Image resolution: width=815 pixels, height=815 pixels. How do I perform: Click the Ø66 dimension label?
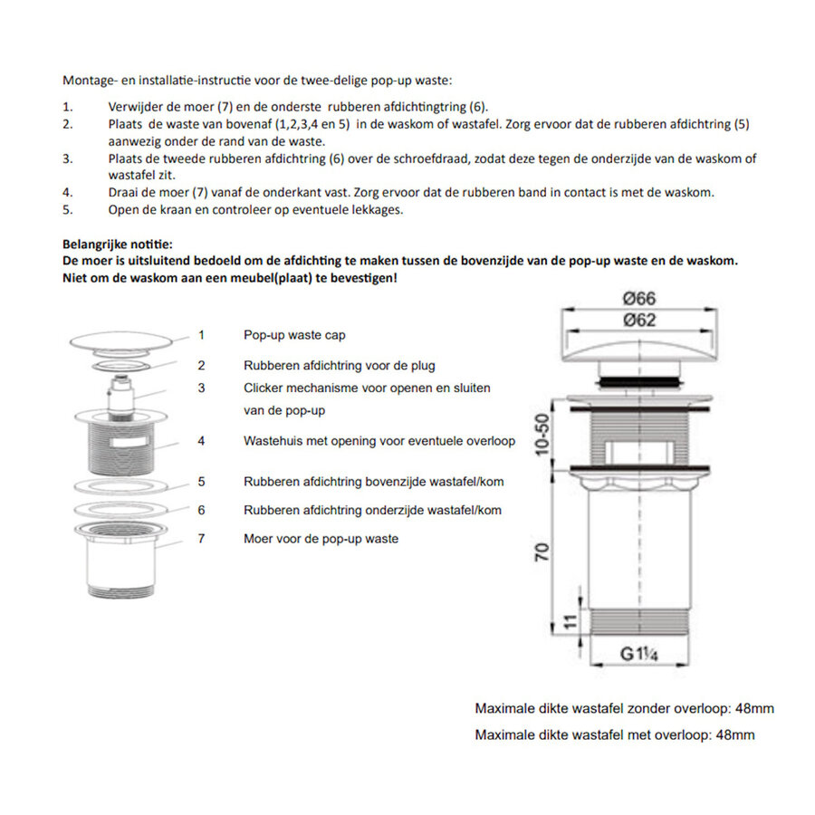(639, 299)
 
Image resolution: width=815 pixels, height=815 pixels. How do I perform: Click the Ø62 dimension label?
(639, 320)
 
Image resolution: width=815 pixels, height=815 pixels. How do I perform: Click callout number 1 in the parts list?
(201, 335)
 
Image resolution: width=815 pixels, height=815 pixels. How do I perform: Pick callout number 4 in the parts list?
(201, 441)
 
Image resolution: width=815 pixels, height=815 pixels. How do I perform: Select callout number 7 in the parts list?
(201, 539)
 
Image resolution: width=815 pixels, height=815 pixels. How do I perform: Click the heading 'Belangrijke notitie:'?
(117, 244)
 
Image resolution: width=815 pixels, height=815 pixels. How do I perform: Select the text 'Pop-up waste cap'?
(294, 335)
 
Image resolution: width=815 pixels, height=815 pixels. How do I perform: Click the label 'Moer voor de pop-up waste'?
(321, 539)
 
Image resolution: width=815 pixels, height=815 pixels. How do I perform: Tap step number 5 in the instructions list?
(67, 210)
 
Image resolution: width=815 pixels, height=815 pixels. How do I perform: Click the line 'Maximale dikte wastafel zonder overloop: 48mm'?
(624, 709)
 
